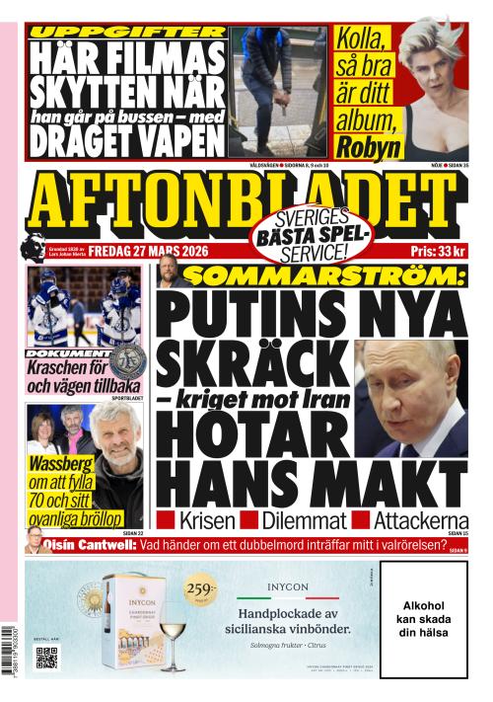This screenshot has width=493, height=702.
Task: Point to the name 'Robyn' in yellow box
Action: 369,147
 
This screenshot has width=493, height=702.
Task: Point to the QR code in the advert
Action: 46,658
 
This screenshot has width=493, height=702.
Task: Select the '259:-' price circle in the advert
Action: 197,591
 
